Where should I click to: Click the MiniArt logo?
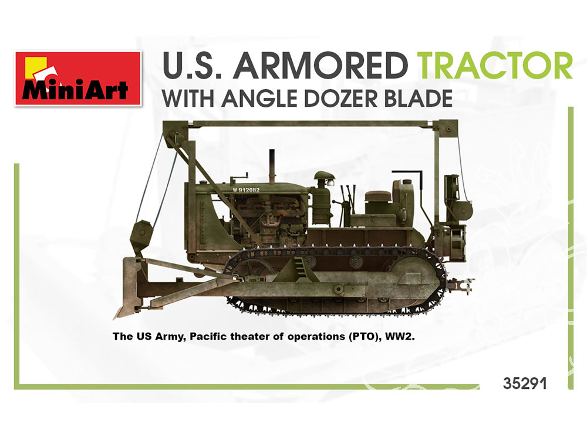click(78, 79)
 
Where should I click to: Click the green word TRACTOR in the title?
click(494, 66)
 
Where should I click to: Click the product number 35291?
click(525, 383)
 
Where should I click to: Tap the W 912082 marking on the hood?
click(246, 189)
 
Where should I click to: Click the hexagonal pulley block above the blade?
click(141, 238)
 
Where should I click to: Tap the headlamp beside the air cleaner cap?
click(332, 182)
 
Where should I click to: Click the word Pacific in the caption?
click(208, 336)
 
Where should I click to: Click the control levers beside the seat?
click(346, 204)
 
